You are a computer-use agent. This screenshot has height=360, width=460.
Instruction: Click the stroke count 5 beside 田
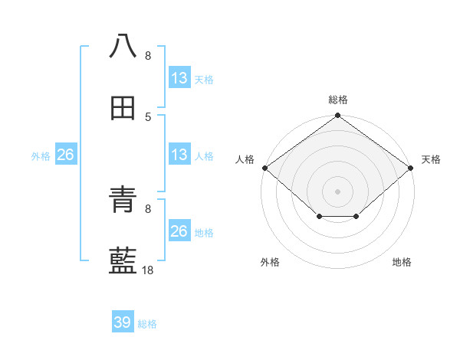coord(148,116)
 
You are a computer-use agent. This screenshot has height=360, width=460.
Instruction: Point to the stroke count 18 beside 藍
coord(148,270)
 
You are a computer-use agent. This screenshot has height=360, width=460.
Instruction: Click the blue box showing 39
coord(123,322)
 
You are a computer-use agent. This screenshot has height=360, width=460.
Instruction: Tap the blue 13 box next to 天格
coord(179,78)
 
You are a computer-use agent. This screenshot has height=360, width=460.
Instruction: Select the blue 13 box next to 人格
coord(179,155)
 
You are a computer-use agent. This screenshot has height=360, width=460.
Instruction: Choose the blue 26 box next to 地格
coord(179,231)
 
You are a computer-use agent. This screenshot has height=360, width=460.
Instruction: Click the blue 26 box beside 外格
coord(65,155)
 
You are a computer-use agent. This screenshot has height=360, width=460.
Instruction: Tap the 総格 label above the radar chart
coord(338,100)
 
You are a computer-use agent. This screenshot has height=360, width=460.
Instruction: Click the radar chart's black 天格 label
coord(431,159)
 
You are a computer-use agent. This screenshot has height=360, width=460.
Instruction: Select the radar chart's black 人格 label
coord(245,159)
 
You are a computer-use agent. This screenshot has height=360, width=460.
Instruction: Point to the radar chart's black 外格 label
coord(270,262)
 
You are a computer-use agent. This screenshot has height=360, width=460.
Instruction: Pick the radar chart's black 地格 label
coord(402,262)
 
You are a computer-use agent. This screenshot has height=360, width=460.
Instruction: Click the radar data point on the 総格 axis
coord(338,116)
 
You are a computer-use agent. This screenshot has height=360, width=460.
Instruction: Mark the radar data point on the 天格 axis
coord(411,168)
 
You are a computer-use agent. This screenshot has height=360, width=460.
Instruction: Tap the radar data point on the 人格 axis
coord(265,168)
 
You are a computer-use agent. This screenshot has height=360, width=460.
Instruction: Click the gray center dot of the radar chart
coord(338,191)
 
